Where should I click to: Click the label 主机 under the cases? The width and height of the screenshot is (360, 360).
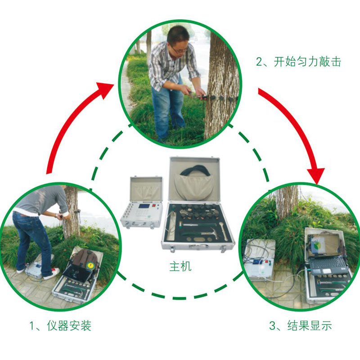(180, 266)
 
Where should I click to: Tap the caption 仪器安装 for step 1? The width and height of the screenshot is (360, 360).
(69, 325)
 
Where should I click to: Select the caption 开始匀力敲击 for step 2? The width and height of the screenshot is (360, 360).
(307, 62)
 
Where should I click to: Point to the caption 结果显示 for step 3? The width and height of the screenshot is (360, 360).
(310, 325)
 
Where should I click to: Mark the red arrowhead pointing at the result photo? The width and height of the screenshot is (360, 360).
(316, 175)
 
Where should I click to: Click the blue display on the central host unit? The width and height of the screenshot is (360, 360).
(144, 207)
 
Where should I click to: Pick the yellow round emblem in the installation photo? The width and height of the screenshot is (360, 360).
(90, 265)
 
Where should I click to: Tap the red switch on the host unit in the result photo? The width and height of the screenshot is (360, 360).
(266, 261)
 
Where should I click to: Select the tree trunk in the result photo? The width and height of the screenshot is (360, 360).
(287, 202)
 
